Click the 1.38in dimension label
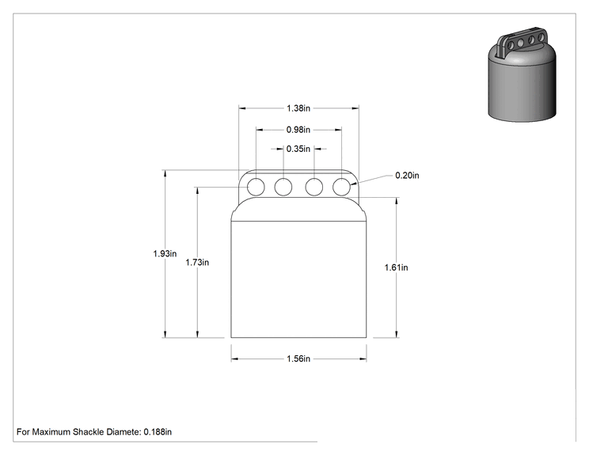point(298,108)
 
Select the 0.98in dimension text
point(298,130)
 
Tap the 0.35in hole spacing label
point(298,149)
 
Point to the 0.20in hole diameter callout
point(407,176)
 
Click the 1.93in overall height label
point(165,253)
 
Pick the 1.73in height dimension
point(197,263)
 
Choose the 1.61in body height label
point(396,267)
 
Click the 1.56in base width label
point(298,358)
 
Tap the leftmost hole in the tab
point(256,187)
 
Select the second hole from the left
point(283,187)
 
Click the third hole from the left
point(314,187)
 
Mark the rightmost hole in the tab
point(341,187)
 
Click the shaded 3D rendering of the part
point(522,74)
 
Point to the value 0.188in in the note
point(158,432)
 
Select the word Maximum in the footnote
point(51,432)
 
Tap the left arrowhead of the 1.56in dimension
point(234,359)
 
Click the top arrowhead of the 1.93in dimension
point(165,173)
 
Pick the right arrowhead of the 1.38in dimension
point(355,108)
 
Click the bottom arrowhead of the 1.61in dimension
point(397,334)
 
